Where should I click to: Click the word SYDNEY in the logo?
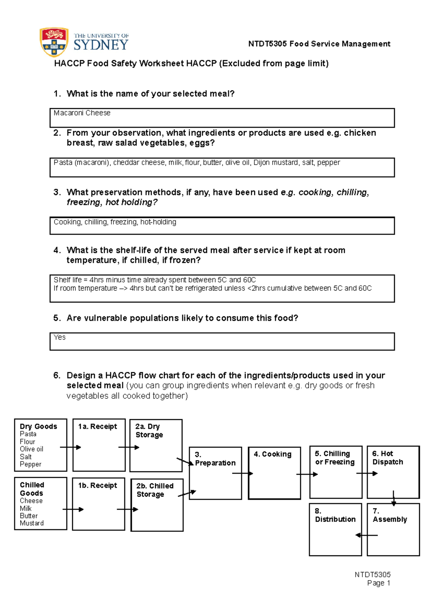101,45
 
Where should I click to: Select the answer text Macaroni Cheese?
82,113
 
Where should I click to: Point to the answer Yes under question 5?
60,337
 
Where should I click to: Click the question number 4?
57,250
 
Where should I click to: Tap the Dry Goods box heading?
38,426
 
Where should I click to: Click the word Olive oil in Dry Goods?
32,449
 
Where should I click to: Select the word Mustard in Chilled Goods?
32,523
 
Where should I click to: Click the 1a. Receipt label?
98,426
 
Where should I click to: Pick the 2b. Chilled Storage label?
155,490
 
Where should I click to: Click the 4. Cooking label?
273,454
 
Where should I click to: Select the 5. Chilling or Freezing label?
334,458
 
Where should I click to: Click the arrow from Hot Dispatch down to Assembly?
394,498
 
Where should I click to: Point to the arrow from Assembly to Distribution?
366,535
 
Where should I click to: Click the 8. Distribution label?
335,515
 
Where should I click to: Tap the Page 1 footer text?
379,583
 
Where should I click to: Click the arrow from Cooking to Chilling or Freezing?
307,474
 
